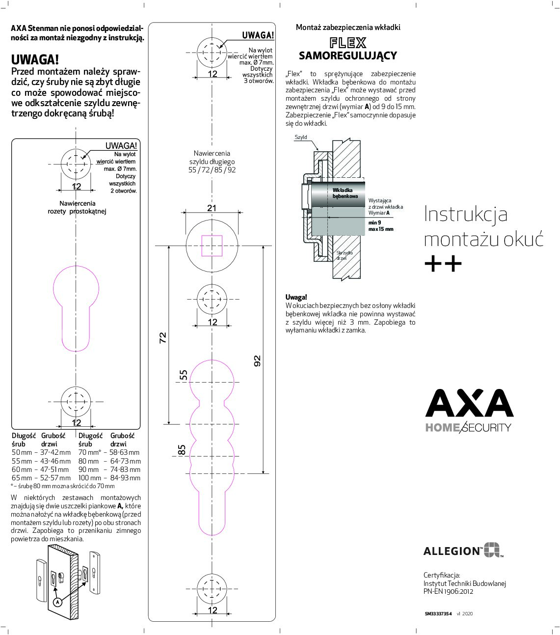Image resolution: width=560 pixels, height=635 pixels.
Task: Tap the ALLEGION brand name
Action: [452, 551]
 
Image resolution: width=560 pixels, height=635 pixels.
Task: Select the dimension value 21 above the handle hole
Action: [212, 208]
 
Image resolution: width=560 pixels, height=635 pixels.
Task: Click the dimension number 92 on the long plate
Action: [257, 361]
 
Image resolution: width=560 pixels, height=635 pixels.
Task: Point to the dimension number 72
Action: [163, 337]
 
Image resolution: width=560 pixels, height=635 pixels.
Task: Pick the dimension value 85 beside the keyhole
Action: [182, 450]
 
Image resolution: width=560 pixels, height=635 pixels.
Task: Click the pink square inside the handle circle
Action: [212, 246]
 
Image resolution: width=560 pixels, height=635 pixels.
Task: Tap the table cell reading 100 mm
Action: [90, 477]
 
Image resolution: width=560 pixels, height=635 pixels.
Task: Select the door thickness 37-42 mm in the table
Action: [55, 452]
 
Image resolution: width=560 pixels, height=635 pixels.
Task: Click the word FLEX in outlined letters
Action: [348, 43]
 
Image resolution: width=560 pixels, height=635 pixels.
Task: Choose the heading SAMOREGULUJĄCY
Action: [348, 55]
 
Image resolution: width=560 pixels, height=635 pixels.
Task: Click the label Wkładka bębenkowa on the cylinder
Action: [344, 193]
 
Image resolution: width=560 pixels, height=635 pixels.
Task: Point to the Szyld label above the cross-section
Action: [301, 137]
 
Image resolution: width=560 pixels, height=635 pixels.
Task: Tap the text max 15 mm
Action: [381, 229]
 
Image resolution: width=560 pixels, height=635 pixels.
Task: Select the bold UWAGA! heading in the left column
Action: [35, 60]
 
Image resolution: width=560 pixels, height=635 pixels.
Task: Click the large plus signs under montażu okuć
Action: [443, 264]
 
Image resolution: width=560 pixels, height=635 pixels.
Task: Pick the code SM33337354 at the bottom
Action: [438, 613]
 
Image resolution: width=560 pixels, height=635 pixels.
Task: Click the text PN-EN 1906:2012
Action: [449, 591]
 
